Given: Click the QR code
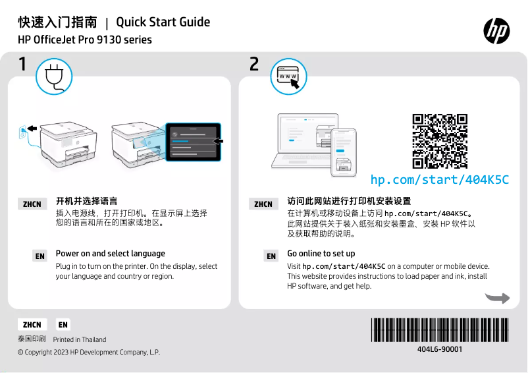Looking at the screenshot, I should coord(440,141).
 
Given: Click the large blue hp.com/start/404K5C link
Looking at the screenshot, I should coord(439,179).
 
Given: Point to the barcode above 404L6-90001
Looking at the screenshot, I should coord(439,330).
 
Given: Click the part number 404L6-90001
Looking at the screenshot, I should coord(440,349).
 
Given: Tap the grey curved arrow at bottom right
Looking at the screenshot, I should coord(497,298).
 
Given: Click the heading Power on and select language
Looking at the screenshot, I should coord(110,254).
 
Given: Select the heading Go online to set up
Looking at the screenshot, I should coord(321,254).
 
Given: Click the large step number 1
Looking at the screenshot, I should coord(23,65).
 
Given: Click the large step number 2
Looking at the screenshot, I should coord(254,65).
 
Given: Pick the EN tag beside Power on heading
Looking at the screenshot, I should coord(40,256).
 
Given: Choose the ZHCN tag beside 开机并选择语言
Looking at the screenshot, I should coord(32,204).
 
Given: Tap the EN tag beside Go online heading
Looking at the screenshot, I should coord(271,256).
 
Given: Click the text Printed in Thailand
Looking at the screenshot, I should coord(79,340).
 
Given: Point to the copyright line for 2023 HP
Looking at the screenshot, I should coord(89,353).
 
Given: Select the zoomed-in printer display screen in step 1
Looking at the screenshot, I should coord(193,140).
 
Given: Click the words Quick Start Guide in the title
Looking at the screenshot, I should coord(163,22).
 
